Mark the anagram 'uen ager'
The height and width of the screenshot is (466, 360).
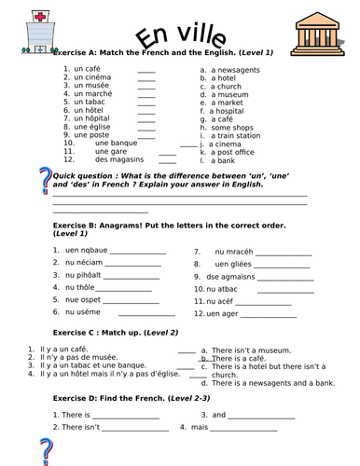[220, 313]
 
